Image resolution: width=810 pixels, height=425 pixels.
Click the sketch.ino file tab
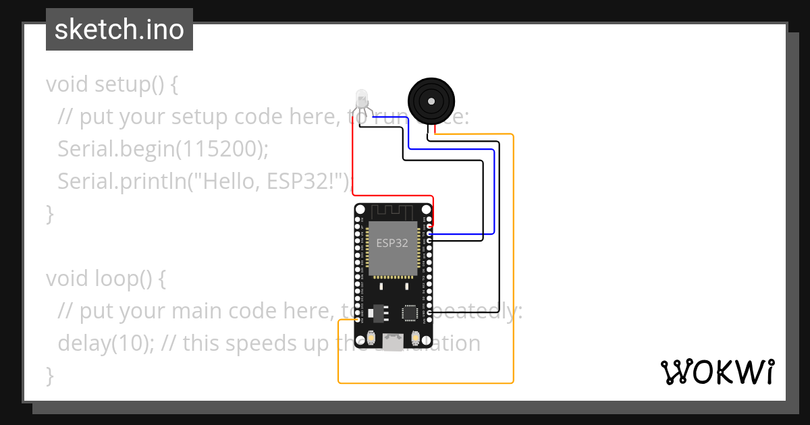tap(119, 30)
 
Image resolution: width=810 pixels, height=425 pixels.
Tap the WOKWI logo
tap(717, 372)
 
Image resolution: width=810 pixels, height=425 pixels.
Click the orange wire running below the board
tap(425, 383)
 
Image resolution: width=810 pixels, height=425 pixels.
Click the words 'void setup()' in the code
tap(111, 84)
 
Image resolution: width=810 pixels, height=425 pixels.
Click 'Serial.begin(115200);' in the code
tap(163, 148)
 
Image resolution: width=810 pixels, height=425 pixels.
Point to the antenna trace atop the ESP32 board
tap(393, 213)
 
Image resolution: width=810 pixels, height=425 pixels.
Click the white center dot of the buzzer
tap(430, 101)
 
